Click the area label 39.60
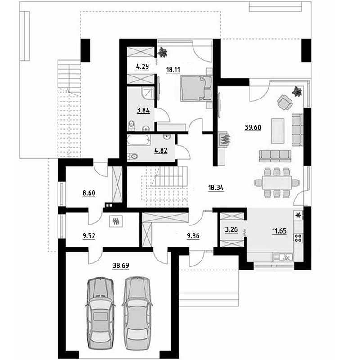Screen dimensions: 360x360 click(253, 127)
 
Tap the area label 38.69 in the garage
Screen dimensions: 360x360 click(121, 265)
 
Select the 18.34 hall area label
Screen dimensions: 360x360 click(216, 188)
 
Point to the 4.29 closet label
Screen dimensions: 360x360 click(143, 67)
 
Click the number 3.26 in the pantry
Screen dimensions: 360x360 click(231, 229)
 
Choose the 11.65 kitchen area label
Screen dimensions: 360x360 click(279, 231)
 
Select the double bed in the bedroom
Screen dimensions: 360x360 click(196, 88)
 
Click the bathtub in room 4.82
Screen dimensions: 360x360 click(139, 140)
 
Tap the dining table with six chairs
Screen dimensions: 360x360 click(277, 183)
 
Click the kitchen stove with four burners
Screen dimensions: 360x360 click(298, 238)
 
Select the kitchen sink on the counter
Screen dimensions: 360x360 click(283, 257)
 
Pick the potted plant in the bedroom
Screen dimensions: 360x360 click(163, 52)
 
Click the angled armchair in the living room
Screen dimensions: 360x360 click(285, 103)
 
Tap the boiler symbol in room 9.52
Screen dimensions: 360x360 click(116, 221)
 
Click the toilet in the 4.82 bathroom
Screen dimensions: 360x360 click(133, 156)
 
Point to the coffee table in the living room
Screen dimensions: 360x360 click(278, 131)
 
